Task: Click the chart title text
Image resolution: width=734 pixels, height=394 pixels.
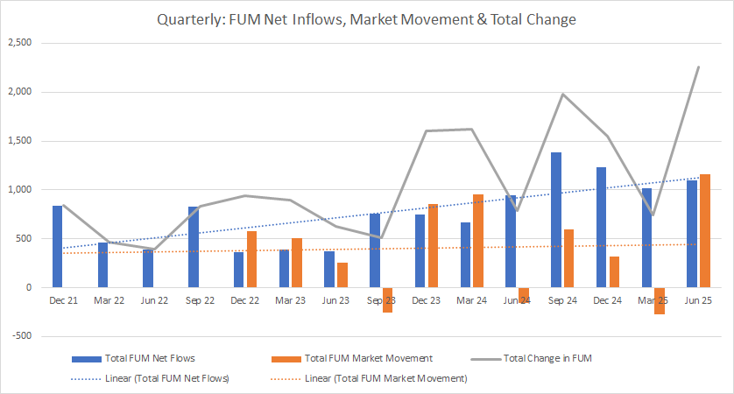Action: pyautogui.click(x=367, y=19)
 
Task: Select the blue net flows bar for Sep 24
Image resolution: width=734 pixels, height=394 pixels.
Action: pyautogui.click(x=556, y=220)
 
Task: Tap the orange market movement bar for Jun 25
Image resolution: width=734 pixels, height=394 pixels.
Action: pyautogui.click(x=705, y=231)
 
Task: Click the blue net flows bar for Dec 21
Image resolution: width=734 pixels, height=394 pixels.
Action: pyautogui.click(x=58, y=246)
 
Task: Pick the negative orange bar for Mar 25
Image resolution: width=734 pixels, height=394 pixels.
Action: pyautogui.click(x=660, y=300)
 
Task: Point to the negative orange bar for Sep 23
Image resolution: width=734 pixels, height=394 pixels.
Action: pyautogui.click(x=387, y=299)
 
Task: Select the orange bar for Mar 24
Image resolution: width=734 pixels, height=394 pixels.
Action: pyautogui.click(x=478, y=241)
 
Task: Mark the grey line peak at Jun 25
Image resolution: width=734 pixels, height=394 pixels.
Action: pyautogui.click(x=698, y=67)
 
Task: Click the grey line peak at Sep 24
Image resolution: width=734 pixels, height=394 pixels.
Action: pyautogui.click(x=562, y=95)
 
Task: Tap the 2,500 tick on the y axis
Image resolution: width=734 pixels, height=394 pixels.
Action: pyautogui.click(x=18, y=43)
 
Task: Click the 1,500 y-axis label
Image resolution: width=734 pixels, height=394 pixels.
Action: pyautogui.click(x=18, y=140)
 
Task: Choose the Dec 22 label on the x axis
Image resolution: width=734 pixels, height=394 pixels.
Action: pyautogui.click(x=244, y=300)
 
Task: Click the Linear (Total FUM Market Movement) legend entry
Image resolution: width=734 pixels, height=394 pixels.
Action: pyautogui.click(x=385, y=378)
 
